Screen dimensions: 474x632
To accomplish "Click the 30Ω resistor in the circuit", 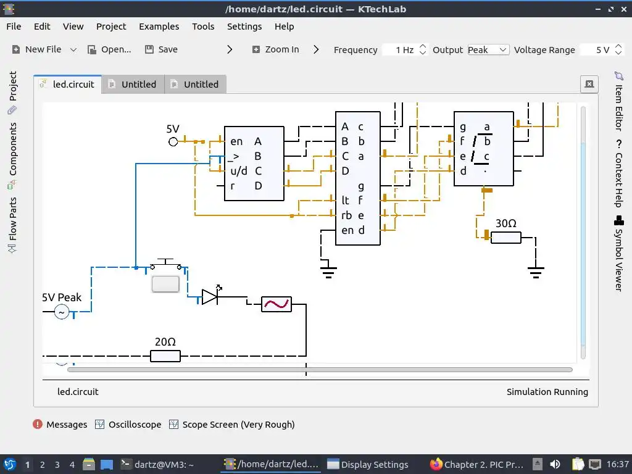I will (506, 238).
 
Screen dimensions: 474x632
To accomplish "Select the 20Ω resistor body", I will (165, 356).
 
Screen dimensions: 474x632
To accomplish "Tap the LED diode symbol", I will (210, 297).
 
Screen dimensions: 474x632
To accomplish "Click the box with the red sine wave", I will (276, 304).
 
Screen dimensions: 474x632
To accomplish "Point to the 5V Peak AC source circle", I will (62, 312).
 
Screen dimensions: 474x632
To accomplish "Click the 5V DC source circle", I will (173, 142).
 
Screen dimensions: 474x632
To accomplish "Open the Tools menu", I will (203, 27).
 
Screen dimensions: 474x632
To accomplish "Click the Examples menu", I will (159, 27).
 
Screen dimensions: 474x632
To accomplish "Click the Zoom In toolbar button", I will (275, 49).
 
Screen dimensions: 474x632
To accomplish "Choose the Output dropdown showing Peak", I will (488, 50).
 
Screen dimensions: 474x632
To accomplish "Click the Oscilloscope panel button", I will (128, 425).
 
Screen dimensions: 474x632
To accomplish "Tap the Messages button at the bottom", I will (60, 425).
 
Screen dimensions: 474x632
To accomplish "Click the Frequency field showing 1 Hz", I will (404, 50).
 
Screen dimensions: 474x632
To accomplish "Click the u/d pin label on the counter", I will (239, 171).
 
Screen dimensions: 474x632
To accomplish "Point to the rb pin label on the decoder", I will (346, 215).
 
